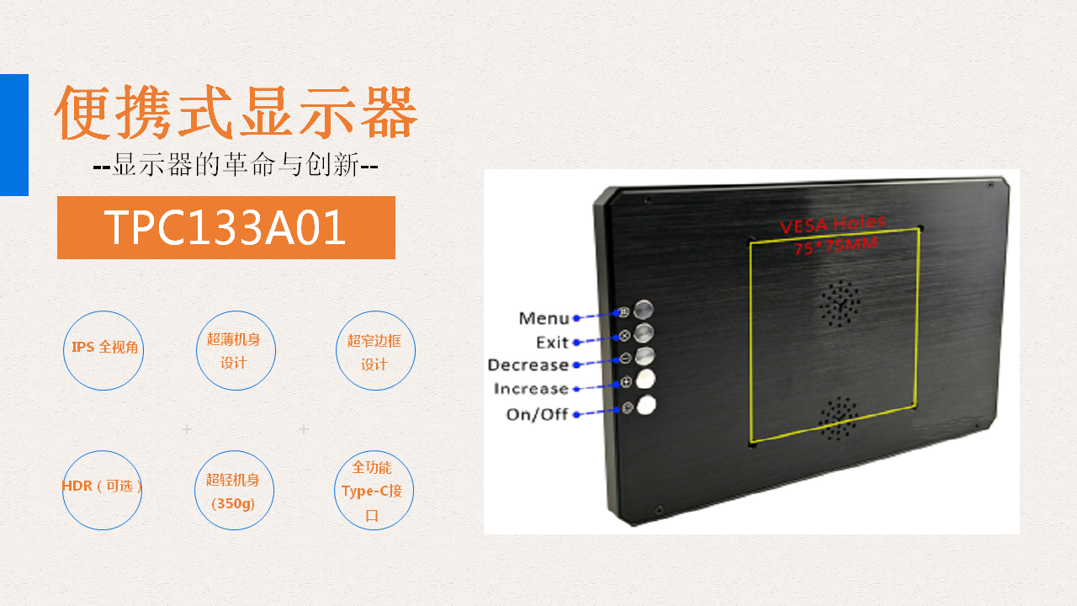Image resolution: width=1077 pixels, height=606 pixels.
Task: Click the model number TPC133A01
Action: click(225, 227)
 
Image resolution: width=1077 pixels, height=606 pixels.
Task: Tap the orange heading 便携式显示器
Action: click(236, 113)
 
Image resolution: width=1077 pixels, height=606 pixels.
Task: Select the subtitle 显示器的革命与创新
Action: click(236, 165)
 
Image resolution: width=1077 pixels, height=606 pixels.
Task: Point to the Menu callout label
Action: click(544, 318)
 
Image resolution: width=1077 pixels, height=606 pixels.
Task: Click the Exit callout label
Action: click(553, 343)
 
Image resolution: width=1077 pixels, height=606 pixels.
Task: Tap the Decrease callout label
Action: click(528, 365)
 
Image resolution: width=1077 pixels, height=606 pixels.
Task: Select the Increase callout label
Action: click(531, 389)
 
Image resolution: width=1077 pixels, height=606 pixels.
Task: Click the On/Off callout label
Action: click(537, 414)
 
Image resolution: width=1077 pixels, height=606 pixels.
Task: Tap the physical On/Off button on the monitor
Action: click(645, 405)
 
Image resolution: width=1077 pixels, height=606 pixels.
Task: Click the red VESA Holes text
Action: click(832, 224)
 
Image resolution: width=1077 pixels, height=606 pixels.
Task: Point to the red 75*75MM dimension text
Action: click(836, 246)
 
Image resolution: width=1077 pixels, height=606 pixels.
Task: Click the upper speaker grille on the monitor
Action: click(840, 304)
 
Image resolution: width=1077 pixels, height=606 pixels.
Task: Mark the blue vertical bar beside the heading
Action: click(14, 135)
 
